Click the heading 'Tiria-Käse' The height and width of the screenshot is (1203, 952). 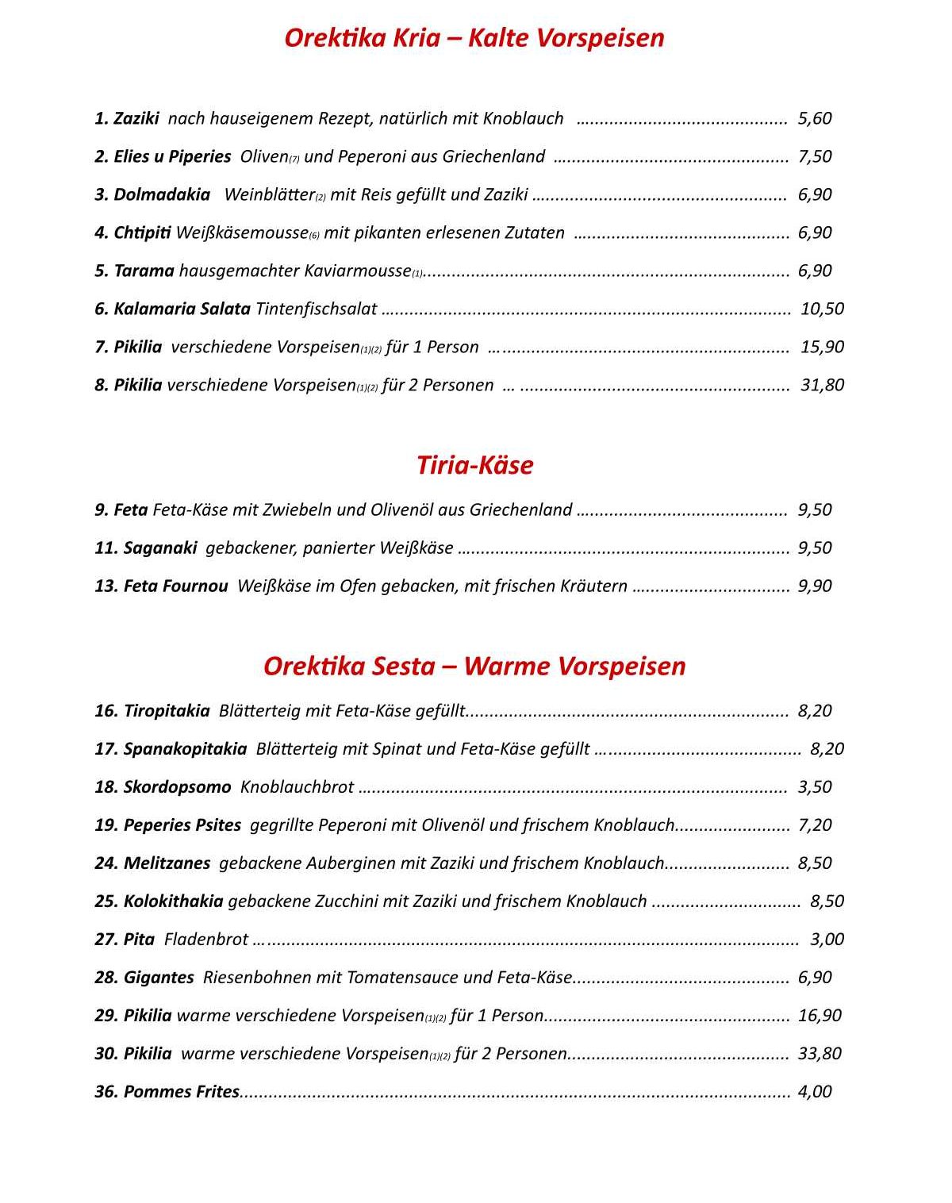click(474, 465)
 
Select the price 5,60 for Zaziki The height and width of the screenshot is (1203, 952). click(815, 118)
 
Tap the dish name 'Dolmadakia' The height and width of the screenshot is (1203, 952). click(162, 194)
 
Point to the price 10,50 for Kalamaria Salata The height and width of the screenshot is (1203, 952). click(822, 309)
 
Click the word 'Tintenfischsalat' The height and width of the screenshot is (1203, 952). click(316, 309)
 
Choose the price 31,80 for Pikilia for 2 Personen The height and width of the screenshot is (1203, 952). click(822, 385)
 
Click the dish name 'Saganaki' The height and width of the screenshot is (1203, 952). click(160, 548)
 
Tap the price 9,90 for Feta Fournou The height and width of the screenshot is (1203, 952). click(815, 586)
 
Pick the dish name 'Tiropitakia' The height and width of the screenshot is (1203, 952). click(167, 710)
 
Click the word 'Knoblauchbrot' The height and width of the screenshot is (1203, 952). click(297, 786)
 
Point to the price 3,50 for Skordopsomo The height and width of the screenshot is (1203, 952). click(815, 786)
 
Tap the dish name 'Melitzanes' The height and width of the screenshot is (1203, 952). click(167, 863)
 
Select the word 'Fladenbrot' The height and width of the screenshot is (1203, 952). click(206, 939)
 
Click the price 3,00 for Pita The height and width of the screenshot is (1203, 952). click(827, 939)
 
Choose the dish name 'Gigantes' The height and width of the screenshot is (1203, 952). click(159, 977)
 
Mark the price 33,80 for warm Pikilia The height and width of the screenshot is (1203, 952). click(820, 1053)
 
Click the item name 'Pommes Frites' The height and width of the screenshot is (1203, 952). click(181, 1091)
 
